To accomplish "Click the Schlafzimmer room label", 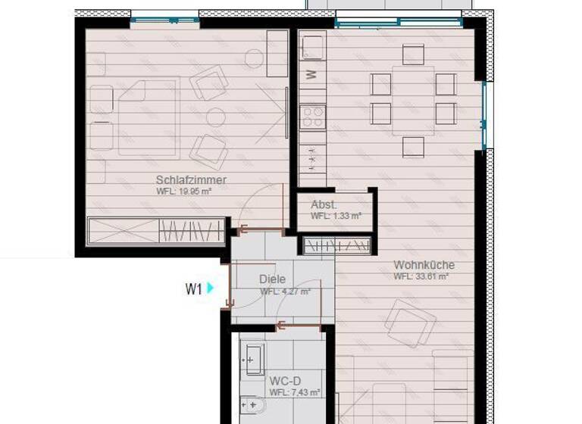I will click(191, 180).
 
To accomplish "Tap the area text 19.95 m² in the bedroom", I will click(184, 192).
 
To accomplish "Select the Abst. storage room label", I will click(324, 204).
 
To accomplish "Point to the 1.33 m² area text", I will click(336, 216).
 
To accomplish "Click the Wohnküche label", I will click(424, 265).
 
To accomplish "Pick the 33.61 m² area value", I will click(421, 276).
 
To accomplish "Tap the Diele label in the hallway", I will click(272, 279).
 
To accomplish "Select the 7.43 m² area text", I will click(295, 392).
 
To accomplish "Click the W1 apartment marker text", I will click(193, 288).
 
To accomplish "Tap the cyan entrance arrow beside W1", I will click(211, 288).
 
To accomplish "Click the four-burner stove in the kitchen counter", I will click(312, 117).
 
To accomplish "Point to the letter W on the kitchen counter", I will click(311, 74).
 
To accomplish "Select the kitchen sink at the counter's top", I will click(312, 46).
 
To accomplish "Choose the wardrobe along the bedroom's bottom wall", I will click(157, 230).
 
